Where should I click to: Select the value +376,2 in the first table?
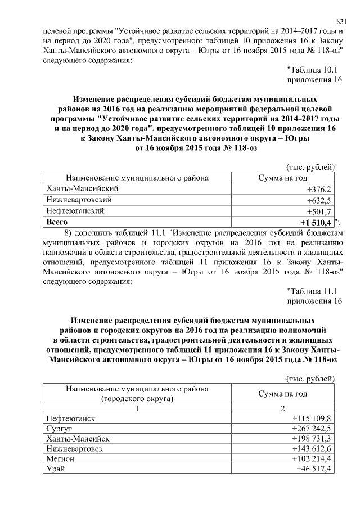319,189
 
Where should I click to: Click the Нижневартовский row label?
78,200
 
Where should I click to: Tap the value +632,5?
319,200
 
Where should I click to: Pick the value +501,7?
319,211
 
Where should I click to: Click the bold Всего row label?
57,223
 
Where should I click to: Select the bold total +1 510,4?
316,223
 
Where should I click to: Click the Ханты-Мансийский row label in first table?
80,189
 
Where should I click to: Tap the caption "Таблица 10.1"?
312,70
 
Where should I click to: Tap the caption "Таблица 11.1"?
312,291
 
